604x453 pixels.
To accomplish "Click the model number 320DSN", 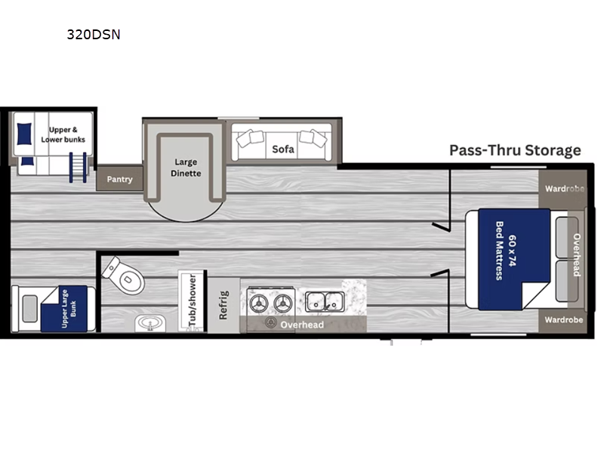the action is [94, 35].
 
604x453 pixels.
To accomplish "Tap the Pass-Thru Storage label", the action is [515, 150].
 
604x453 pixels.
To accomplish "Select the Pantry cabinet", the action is [119, 178].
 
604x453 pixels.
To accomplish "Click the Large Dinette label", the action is [186, 168].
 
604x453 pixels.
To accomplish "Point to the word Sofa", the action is [283, 149].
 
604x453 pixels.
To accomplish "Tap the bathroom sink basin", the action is [150, 323].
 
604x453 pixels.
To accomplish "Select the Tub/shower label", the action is [193, 300].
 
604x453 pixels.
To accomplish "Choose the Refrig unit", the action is [223, 305].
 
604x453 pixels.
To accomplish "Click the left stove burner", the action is [259, 304].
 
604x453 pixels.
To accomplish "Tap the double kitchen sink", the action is [325, 301].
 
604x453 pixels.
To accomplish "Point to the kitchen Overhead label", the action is [302, 325].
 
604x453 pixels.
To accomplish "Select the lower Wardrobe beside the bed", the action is [562, 319].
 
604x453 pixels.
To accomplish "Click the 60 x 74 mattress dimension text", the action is [512, 251].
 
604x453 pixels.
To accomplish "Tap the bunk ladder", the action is [78, 168].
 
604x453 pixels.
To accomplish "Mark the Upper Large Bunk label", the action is [69, 309].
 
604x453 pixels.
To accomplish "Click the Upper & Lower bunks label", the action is [63, 134].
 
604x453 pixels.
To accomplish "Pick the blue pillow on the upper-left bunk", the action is [24, 134].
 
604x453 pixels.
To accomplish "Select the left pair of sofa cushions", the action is [251, 138].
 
